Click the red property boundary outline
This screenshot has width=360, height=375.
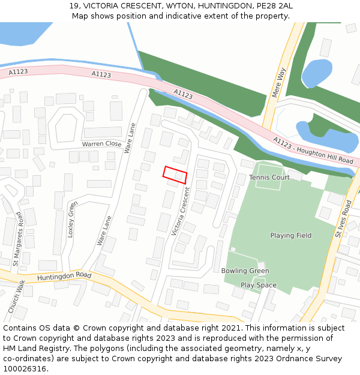(175, 175)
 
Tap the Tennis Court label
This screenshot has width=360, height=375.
(269, 178)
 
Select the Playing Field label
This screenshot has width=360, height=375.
(290, 236)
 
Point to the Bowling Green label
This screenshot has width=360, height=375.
(245, 271)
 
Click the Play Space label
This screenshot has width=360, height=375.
(259, 286)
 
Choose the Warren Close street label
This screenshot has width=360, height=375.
(101, 144)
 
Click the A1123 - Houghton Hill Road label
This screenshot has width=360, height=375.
(313, 151)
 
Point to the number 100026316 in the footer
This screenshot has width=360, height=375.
(26, 369)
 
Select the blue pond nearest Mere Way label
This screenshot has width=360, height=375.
(316, 73)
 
